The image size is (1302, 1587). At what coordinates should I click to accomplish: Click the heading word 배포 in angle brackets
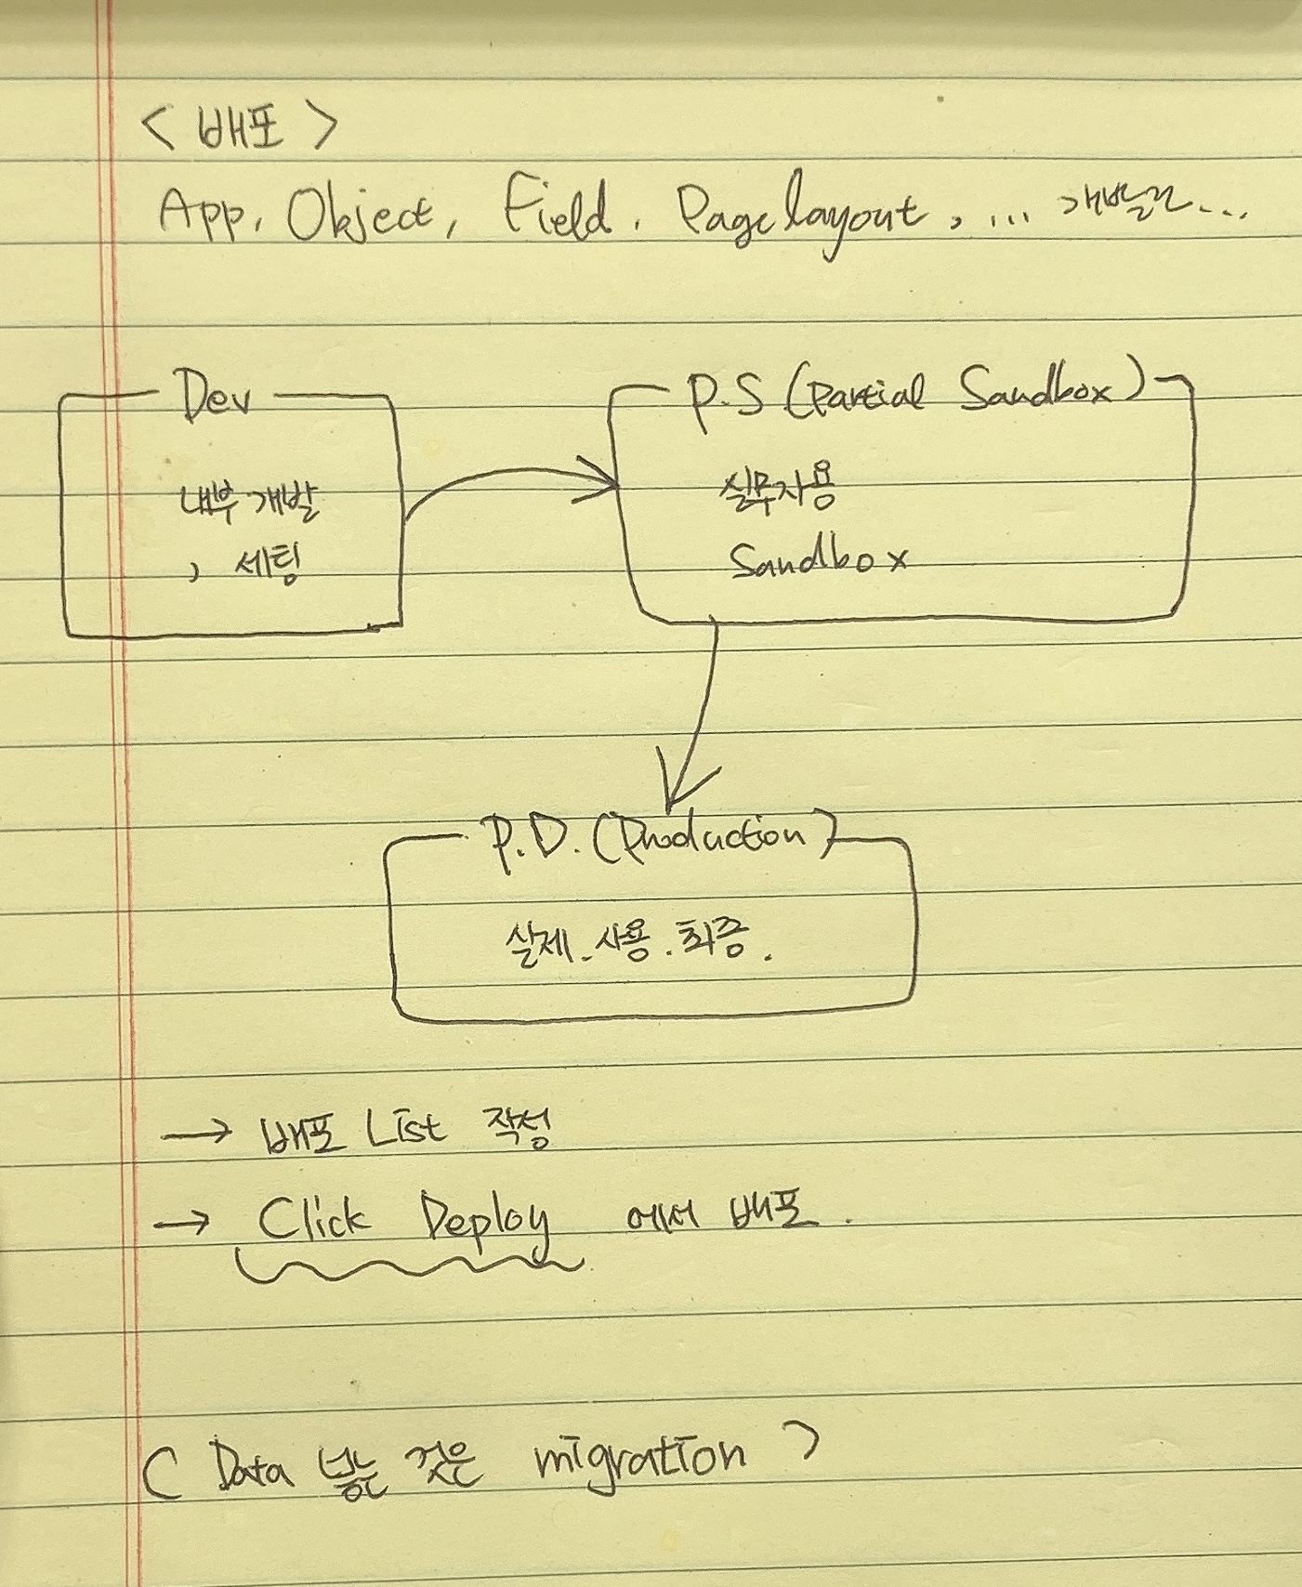click(240, 128)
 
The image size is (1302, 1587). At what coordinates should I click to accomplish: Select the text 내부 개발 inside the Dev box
click(249, 503)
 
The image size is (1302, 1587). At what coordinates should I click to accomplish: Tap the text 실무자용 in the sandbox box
click(779, 490)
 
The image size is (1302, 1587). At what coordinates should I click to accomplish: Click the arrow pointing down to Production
click(699, 715)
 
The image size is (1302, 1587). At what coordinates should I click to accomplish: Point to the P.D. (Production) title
click(656, 840)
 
